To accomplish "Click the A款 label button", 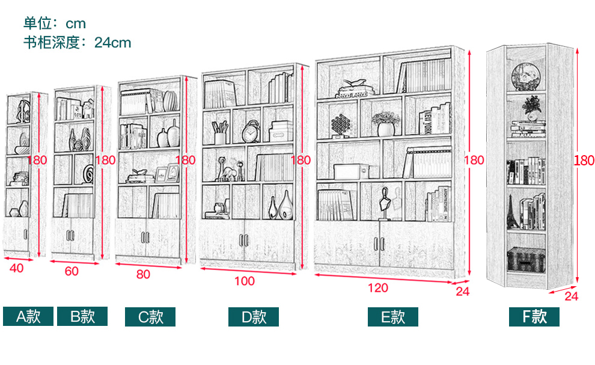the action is (x=28, y=316).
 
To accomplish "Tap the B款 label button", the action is (x=82, y=316).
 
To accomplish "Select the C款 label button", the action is (x=150, y=317).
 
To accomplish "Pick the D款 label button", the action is (x=253, y=317).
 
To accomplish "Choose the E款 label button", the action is (x=393, y=317).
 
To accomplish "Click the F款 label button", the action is (x=534, y=317).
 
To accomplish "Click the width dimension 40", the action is (x=16, y=268).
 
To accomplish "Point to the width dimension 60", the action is (x=71, y=271).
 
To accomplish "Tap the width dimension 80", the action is (x=143, y=275).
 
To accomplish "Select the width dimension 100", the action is (x=245, y=281).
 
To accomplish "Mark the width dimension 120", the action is (x=377, y=288).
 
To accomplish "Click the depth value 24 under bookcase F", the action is (x=571, y=296).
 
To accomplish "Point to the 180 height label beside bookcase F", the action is (x=584, y=161).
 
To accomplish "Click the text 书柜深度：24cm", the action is (x=77, y=43).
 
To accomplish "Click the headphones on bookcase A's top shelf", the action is (x=24, y=111).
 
